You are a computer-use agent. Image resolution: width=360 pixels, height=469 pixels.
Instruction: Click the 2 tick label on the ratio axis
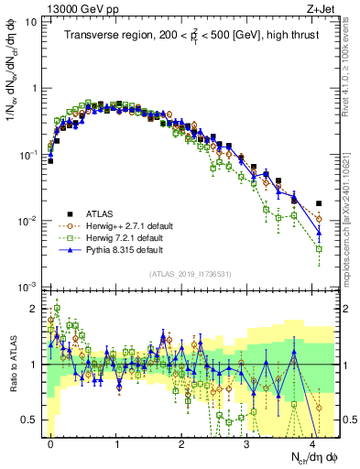[35, 309]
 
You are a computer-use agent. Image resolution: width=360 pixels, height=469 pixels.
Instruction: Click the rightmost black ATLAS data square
[319, 203]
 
